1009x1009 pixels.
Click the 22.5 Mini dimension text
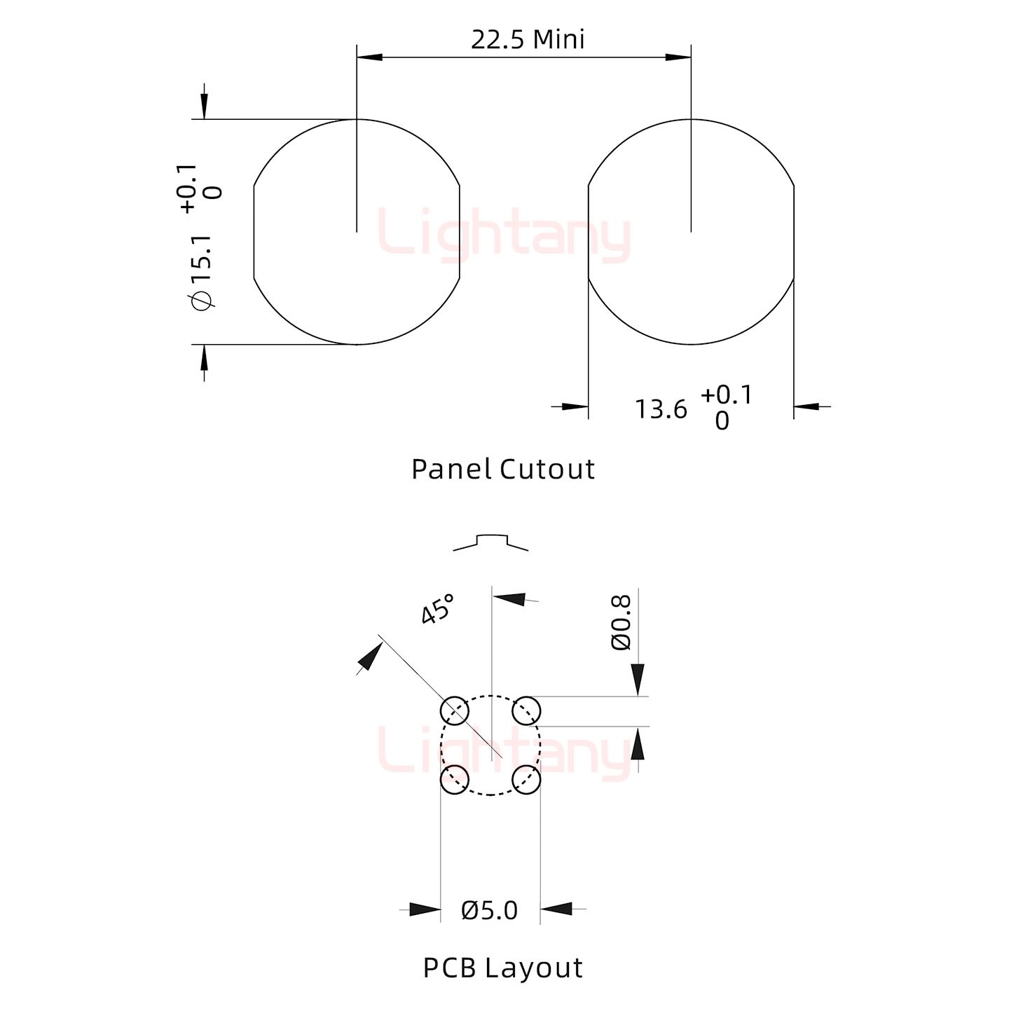tap(528, 40)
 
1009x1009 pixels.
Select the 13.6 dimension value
tap(661, 409)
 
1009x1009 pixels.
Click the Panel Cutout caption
tap(503, 469)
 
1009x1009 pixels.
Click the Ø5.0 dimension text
tap(490, 911)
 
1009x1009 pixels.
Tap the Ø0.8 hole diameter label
tap(622, 623)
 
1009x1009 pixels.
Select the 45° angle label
tap(437, 609)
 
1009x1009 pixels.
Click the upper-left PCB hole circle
tap(455, 711)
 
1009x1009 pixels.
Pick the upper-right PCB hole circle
tap(526, 711)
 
